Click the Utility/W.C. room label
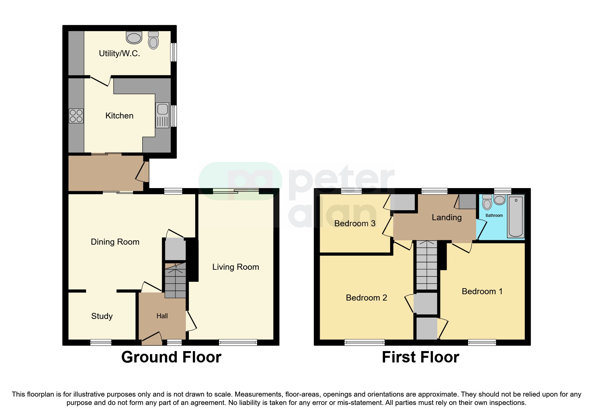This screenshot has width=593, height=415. click(119, 54)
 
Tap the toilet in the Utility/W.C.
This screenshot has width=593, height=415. click(153, 40)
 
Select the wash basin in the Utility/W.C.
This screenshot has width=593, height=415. click(134, 38)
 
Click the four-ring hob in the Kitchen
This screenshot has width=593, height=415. click(76, 116)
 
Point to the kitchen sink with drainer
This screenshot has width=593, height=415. click(162, 115)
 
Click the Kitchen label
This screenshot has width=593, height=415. click(119, 116)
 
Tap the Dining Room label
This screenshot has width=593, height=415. click(115, 242)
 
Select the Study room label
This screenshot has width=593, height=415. click(102, 316)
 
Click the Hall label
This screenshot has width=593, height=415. click(162, 316)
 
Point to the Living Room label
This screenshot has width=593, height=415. click(235, 267)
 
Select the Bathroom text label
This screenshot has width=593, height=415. click(494, 216)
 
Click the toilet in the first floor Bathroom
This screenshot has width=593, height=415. click(487, 202)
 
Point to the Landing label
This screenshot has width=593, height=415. click(446, 218)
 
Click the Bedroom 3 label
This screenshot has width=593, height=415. click(355, 224)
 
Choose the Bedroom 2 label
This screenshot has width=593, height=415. click(366, 298)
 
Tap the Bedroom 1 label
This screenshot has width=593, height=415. click(482, 292)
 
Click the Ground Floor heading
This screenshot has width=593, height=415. click(171, 357)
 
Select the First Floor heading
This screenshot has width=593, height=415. click(420, 357)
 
